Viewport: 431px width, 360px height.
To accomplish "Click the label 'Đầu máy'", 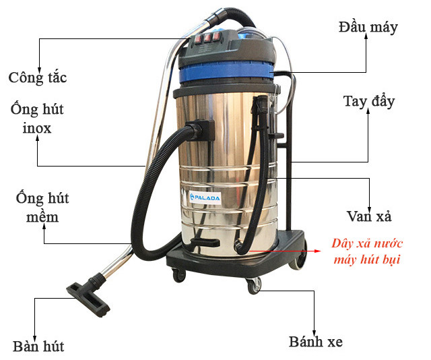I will [368, 27].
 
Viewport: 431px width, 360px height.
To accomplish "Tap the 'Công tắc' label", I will [38, 77].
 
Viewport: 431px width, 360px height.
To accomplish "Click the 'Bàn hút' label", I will [38, 347].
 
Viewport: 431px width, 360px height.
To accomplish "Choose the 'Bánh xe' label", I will [315, 342].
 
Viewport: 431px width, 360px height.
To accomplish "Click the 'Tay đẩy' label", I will [368, 102].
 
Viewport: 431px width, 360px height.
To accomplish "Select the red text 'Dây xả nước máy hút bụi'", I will [367, 251].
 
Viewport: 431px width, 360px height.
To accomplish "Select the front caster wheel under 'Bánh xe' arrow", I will [254, 286].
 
